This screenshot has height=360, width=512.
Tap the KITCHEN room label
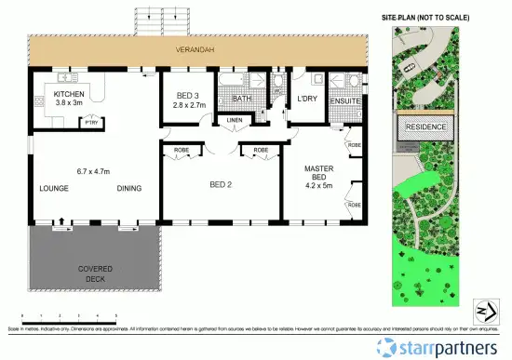69,95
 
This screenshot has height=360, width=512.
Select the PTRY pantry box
91,121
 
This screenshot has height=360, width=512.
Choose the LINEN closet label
235,120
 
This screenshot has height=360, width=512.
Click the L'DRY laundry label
308,98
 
